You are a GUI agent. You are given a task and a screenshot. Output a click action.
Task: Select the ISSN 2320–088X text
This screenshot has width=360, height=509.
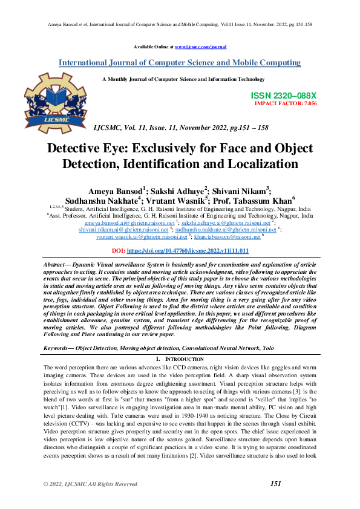tap(283, 96)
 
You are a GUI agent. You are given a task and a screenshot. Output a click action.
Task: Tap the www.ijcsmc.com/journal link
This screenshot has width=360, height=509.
tap(200, 46)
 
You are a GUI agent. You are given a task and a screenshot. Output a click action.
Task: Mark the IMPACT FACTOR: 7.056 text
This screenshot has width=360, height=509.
tap(286, 103)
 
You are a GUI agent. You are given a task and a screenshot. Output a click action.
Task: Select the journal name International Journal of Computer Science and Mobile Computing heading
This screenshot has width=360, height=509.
tap(180, 63)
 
